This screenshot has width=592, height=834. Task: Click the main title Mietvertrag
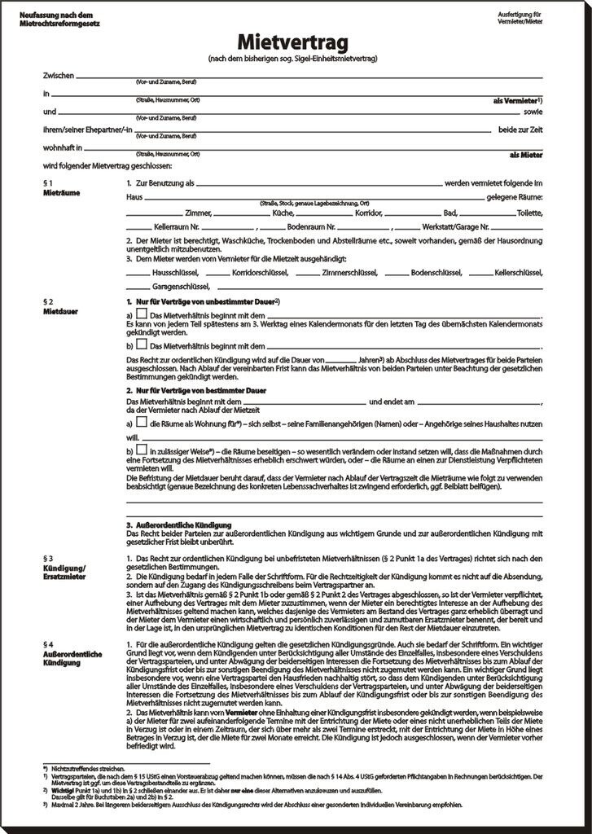tap(295, 42)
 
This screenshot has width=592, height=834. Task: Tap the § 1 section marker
tap(48, 183)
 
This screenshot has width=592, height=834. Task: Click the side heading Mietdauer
tap(58, 310)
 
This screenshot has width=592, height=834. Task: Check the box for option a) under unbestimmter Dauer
tap(142, 314)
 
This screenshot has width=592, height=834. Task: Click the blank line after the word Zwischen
tap(309, 76)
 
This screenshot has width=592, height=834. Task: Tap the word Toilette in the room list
tap(528, 212)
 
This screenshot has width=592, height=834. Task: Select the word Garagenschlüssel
tap(178, 286)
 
